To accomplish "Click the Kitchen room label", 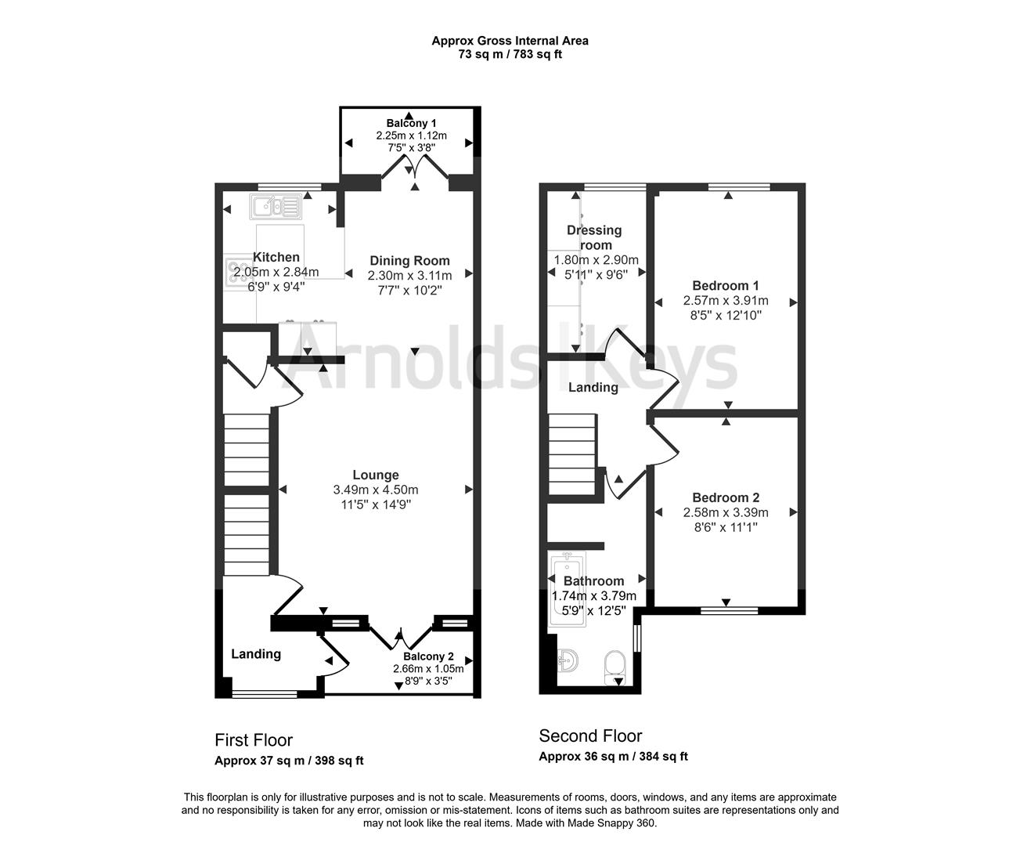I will pyautogui.click(x=276, y=257).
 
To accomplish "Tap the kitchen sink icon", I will pyautogui.click(x=275, y=207).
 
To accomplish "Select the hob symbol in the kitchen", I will pyautogui.click(x=236, y=273).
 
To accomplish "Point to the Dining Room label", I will pyautogui.click(x=409, y=261).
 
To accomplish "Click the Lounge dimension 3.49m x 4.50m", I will pyautogui.click(x=376, y=490).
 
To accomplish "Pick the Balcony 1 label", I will pyautogui.click(x=411, y=123).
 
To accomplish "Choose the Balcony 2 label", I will pyautogui.click(x=428, y=656).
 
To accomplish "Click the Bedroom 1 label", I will pyautogui.click(x=725, y=286).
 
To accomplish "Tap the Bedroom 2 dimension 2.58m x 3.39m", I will pyautogui.click(x=726, y=512).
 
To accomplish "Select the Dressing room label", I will pyautogui.click(x=594, y=237).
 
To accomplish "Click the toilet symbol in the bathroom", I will pyautogui.click(x=615, y=665).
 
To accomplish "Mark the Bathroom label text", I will pyautogui.click(x=593, y=581).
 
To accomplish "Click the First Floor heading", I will pyautogui.click(x=254, y=740).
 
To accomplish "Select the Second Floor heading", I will pyautogui.click(x=590, y=736).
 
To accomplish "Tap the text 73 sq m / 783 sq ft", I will pyautogui.click(x=510, y=55).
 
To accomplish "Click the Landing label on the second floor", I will pyautogui.click(x=593, y=387).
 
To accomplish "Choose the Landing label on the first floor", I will pyautogui.click(x=256, y=654).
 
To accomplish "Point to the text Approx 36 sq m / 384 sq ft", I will pyautogui.click(x=613, y=757).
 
